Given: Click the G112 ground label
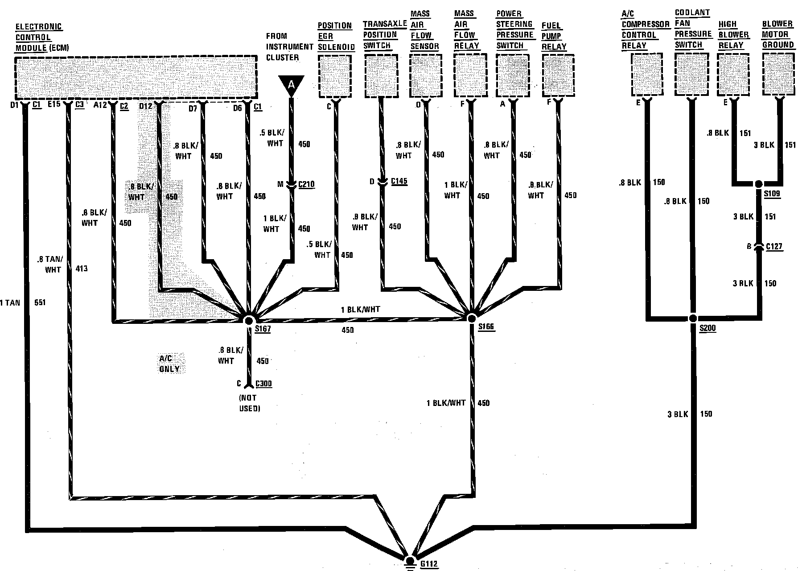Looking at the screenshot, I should point(429,564).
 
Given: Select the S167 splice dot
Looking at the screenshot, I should point(249,320).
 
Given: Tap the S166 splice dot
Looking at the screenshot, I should point(472,318).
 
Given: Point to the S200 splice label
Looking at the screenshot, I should point(708,328).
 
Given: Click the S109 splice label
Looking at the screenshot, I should point(772,194).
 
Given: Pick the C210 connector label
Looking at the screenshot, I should point(306,184).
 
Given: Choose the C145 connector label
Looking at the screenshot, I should point(399,181).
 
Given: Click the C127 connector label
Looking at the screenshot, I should point(774,246).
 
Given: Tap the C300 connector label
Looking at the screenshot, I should point(263,384).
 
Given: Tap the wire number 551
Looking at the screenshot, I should point(40,302).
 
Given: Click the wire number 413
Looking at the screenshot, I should point(82,269).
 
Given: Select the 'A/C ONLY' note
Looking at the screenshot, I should point(169,364).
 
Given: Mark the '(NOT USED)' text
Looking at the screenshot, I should point(250,403).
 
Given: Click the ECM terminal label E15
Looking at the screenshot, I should point(53,105).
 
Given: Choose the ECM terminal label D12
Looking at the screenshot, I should point(146,106).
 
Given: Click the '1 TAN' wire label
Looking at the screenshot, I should point(10,302).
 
